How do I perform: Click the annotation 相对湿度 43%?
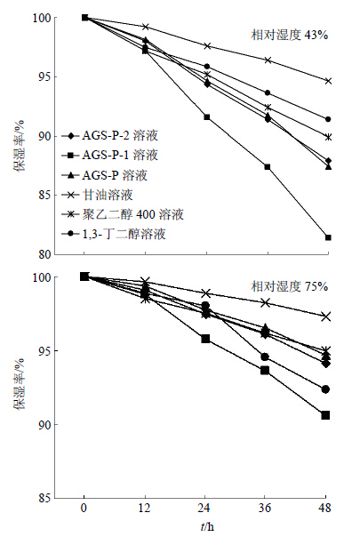(x=290, y=35)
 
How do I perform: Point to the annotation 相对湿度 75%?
(x=290, y=286)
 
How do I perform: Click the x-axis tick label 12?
(x=145, y=508)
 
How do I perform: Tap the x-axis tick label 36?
(x=265, y=508)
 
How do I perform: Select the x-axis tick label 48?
(x=325, y=508)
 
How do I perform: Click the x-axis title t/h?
(x=207, y=526)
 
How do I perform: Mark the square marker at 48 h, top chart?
(x=328, y=237)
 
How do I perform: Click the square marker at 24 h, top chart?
(x=207, y=117)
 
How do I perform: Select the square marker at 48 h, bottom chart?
(x=325, y=415)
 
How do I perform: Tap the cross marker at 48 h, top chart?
(x=328, y=81)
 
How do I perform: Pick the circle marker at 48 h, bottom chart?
(x=325, y=389)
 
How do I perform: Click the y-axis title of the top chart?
(x=20, y=146)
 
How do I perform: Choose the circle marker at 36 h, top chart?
(x=268, y=92)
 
